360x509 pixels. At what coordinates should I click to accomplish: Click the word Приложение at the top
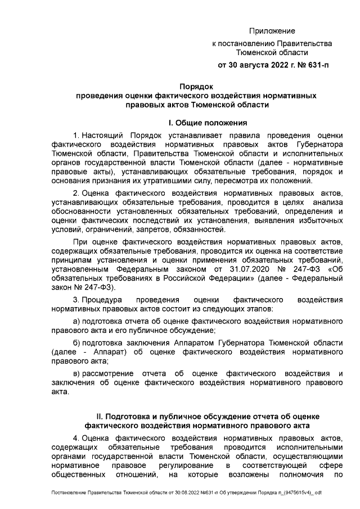point(272,31)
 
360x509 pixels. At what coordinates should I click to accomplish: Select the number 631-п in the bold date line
point(316,65)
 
